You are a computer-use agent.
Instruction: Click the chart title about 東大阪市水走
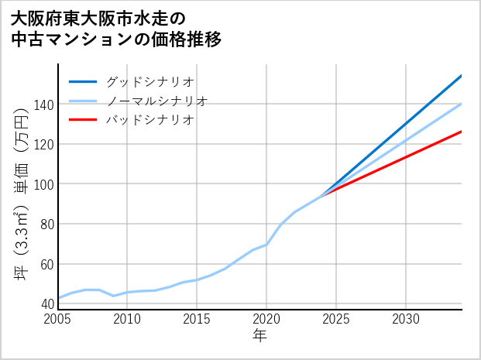117,28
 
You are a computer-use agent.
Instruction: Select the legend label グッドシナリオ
149,81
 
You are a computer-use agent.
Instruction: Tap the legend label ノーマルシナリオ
156,101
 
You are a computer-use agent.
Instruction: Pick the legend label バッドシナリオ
149,120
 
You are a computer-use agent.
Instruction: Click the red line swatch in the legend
83,120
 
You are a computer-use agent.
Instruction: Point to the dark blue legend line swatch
83,81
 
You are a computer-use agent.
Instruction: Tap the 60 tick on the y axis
46,264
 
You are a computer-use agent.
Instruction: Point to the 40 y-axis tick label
46,303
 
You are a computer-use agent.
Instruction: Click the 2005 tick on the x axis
58,319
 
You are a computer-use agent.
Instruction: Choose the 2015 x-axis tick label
197,319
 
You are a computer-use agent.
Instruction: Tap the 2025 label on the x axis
336,319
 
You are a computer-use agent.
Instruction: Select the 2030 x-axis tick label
406,319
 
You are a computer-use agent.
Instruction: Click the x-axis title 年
260,336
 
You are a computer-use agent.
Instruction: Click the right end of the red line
461,132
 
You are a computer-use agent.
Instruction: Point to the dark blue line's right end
461,76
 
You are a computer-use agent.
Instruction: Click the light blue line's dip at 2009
114,296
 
